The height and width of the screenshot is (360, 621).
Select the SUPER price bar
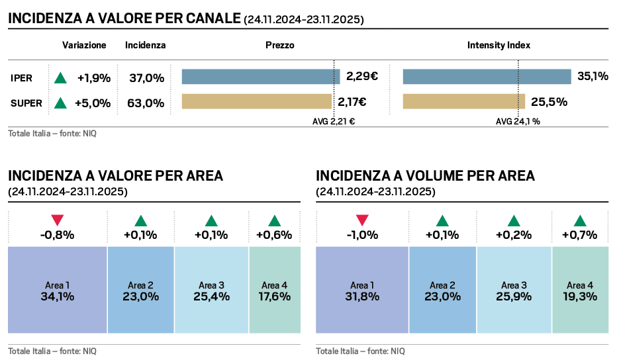256,102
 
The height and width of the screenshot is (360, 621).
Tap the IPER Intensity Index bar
487,77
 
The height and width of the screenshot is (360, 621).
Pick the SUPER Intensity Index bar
463,102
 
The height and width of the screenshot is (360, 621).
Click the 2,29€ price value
361,77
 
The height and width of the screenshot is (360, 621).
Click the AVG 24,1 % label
518,122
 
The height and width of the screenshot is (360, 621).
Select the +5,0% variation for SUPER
93,103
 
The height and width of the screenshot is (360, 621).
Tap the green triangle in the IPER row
60,77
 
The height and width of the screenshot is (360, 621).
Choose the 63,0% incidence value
146,103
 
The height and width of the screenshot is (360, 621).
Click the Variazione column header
84,46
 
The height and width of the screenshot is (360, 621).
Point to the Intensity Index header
499,46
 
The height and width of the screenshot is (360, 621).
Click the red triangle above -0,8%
58,220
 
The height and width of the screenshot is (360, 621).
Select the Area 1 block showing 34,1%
58,291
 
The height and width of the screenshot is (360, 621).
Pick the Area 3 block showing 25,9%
513,291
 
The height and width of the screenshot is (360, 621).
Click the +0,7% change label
579,235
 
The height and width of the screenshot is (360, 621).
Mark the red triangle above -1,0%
362,220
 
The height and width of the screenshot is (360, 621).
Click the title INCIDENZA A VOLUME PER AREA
425,176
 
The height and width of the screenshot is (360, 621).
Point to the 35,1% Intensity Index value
593,77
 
